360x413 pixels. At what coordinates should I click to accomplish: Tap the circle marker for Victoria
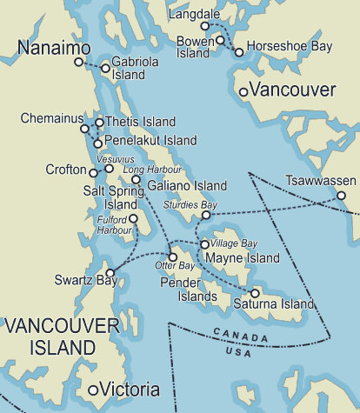93,390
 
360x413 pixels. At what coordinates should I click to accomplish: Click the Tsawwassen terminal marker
342,196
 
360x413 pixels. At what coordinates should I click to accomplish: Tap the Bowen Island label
194,47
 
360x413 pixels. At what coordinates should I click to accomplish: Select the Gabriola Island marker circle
105,68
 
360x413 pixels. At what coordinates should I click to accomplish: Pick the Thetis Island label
140,122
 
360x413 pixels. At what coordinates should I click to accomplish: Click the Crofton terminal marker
93,173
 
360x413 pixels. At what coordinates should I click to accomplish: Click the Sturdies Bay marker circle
206,214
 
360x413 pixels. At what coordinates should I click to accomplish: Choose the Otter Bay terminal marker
173,256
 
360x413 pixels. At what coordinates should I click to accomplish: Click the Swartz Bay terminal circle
110,272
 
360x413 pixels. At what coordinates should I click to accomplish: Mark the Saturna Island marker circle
255,293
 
